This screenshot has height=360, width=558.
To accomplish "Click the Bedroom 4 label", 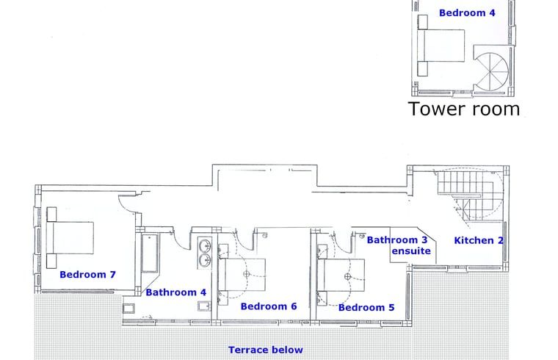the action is click(467, 12).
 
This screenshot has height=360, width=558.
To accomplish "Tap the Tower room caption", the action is click(464, 109).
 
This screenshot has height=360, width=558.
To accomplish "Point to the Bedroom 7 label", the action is click(87, 275).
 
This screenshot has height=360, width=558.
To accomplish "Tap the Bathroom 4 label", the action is click(175, 292).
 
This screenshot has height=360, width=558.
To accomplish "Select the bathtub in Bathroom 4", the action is click(150, 253).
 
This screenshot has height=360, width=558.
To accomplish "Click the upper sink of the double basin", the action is click(205, 245).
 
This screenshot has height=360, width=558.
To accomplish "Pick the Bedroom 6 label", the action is click(269, 306).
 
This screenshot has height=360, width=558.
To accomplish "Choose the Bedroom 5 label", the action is click(366, 307).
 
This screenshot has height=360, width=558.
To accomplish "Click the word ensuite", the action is click(411, 251).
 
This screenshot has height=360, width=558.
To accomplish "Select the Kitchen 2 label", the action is click(479, 240).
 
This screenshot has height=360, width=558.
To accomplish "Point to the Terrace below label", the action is click(266, 350).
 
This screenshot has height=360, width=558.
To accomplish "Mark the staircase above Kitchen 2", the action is click(470, 195).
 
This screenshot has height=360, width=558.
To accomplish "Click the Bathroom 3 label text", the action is click(397, 240).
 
